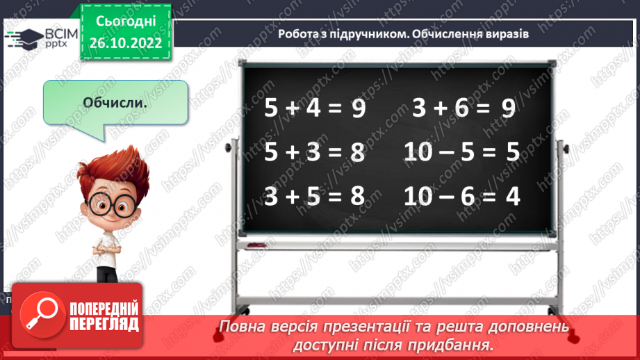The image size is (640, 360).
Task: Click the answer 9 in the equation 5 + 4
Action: click(358, 110)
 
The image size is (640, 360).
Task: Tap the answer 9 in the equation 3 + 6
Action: click(508, 110)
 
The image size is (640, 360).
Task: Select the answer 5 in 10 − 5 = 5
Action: click(513, 152)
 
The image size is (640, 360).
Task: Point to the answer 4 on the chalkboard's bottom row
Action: click(513, 196)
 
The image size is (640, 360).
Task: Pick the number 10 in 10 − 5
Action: click(419, 152)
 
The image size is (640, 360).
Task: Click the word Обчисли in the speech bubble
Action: click(115, 102)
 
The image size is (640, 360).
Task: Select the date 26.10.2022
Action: click(125, 42)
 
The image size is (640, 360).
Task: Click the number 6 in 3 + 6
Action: click(466, 110)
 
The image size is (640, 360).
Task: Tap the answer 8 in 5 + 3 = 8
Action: click(358, 152)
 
